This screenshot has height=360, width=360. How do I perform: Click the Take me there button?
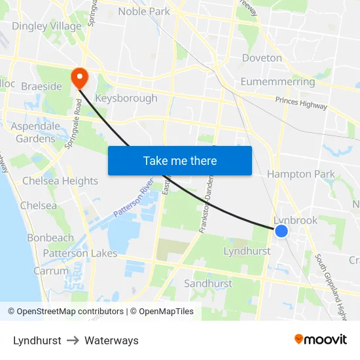pyautogui.click(x=180, y=160)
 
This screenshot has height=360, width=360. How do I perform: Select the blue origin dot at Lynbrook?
pyautogui.click(x=281, y=231)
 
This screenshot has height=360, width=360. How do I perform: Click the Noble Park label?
pyautogui.click(x=143, y=11)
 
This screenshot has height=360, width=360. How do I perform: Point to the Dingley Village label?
pyautogui.click(x=46, y=27)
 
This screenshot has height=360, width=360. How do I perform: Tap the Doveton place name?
pyautogui.click(x=262, y=58)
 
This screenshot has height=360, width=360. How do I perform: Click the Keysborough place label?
pyautogui.click(x=126, y=98)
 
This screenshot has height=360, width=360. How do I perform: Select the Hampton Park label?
pyautogui.click(x=300, y=174)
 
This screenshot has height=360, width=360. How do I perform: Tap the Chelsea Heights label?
pyautogui.click(x=60, y=181)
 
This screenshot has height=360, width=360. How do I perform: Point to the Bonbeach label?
pyautogui.click(x=50, y=238)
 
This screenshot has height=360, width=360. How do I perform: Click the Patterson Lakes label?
pyautogui.click(x=81, y=253)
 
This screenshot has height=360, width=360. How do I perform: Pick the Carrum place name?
pyautogui.click(x=51, y=270)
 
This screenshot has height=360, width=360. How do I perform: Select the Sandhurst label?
pyautogui.click(x=208, y=283)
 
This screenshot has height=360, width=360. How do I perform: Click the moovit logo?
pyautogui.click(x=321, y=339)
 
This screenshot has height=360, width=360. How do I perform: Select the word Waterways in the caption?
pyautogui.click(x=111, y=340)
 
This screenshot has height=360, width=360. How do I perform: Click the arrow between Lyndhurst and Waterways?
pyautogui.click(x=73, y=340)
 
